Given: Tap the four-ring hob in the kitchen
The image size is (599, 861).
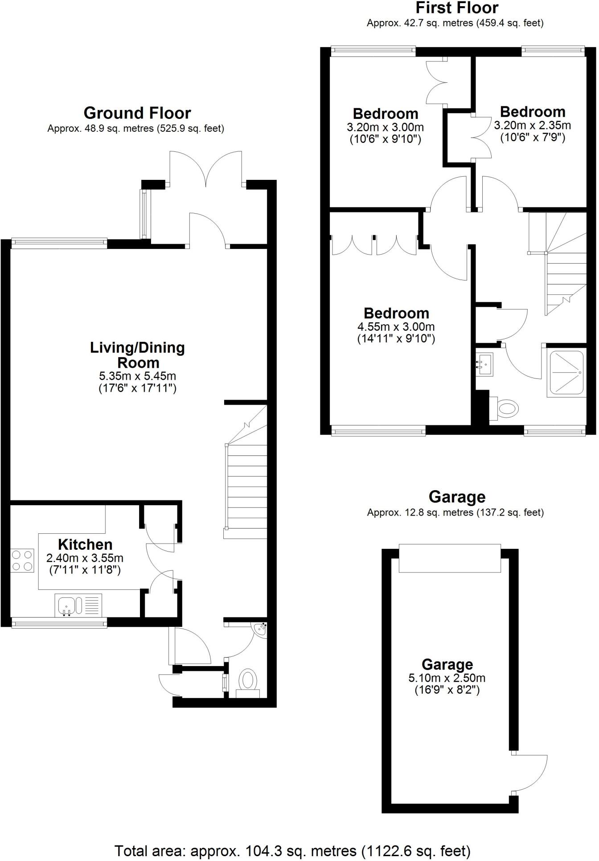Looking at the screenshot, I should coord(23,560).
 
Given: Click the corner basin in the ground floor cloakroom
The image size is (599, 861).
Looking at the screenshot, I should coord(260,630).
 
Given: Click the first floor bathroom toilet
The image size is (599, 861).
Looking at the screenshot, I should coord(505,408).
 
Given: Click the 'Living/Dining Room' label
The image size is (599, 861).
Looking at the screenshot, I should coord(137,355).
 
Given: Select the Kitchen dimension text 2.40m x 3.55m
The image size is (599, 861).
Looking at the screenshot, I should coord(85,558).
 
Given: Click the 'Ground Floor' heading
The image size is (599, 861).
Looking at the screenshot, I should coord(137,113).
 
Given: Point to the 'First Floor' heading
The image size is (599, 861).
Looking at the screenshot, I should coord(457,8).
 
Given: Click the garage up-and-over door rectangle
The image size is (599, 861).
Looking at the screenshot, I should coord(449,558).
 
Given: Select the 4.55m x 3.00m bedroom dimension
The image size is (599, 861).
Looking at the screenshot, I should coord(396,327).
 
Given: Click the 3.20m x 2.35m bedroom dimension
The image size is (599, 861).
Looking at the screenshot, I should coord(532,126).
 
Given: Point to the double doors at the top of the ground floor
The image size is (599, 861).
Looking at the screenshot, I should coord(206,169).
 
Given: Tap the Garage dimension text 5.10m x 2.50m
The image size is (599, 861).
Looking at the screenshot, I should coord(447,678).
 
